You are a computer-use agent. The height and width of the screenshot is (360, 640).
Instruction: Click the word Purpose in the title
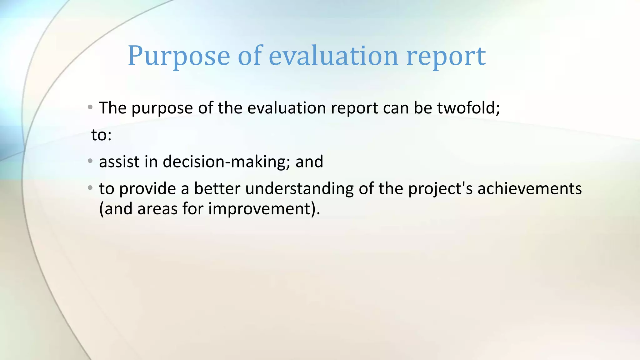[179, 56]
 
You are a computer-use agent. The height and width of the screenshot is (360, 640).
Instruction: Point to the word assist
[119, 162]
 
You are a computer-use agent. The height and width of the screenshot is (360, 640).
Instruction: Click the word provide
[148, 189]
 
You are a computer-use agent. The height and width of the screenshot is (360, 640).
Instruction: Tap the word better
[217, 188]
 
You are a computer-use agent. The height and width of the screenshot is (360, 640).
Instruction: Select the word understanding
[299, 189]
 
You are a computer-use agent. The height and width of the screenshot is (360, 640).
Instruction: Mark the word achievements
[529, 188]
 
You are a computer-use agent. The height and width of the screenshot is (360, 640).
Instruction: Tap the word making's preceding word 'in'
[151, 162]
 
